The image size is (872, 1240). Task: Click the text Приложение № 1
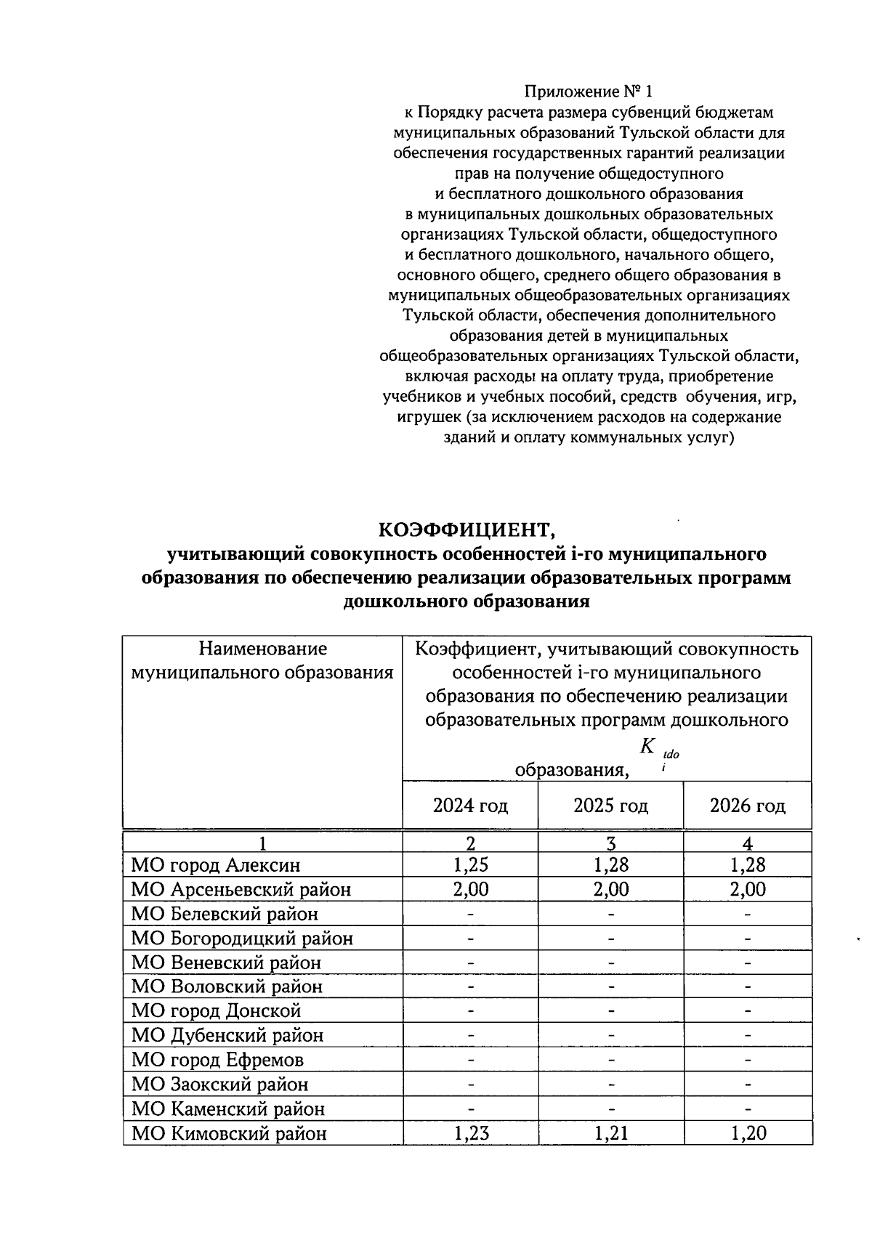[589, 92]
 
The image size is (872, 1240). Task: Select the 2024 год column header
[470, 806]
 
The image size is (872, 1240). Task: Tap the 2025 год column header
[610, 806]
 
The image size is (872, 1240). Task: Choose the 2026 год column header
[747, 806]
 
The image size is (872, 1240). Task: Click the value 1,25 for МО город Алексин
[470, 864]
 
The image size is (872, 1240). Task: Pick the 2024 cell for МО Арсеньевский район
[470, 889]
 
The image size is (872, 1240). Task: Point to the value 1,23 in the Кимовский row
[470, 1133]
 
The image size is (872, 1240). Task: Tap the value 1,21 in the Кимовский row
[610, 1133]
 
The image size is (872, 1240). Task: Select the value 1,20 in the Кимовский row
[747, 1133]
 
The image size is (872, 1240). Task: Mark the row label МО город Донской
[216, 1011]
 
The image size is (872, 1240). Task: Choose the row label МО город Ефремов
[217, 1060]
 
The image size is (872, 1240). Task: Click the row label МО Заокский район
[219, 1085]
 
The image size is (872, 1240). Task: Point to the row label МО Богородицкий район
[242, 939]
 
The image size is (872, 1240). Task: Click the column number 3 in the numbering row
[610, 843]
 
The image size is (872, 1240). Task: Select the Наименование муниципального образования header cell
[262, 660]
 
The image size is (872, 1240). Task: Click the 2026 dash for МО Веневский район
[747, 963]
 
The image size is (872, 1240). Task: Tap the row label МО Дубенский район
[227, 1035]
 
